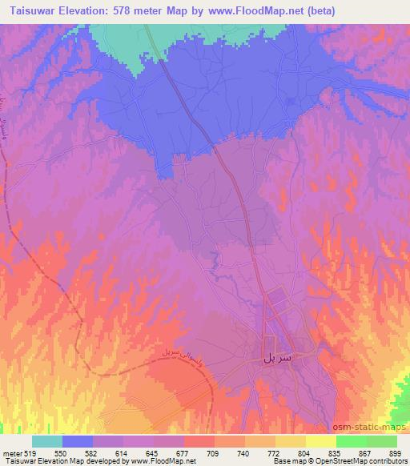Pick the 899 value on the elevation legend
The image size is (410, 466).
396,453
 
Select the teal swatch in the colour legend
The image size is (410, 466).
47,441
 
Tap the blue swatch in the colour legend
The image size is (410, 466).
78,441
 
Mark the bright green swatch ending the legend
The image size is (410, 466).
382,441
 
